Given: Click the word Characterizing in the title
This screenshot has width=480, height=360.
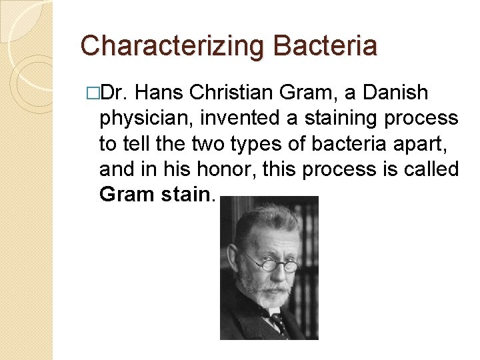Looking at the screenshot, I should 171,45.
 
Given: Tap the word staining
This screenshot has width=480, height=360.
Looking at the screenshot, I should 335,119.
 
